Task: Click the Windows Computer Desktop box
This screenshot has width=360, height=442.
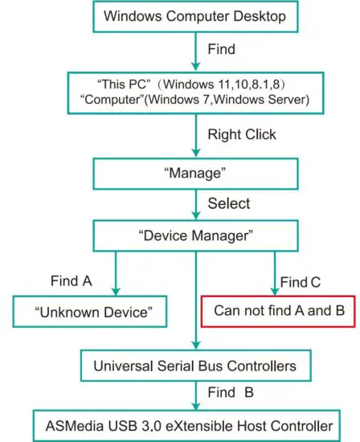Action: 194,15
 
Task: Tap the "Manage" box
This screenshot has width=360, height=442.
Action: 194,173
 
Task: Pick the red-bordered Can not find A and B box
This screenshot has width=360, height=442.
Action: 279,311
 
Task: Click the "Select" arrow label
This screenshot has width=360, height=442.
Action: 229,204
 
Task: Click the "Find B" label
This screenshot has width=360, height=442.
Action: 232,395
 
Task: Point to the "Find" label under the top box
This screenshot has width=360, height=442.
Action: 221,50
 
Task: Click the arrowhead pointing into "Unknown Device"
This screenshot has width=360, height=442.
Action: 116,290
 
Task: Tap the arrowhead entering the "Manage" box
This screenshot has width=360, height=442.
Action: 194,153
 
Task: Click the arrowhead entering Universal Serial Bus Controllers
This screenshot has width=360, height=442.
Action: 195,345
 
